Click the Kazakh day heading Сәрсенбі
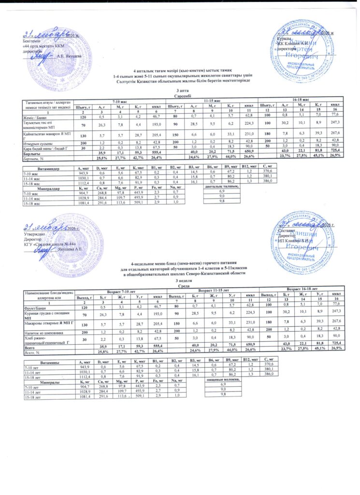coord(180,95)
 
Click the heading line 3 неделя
coord(180,281)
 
